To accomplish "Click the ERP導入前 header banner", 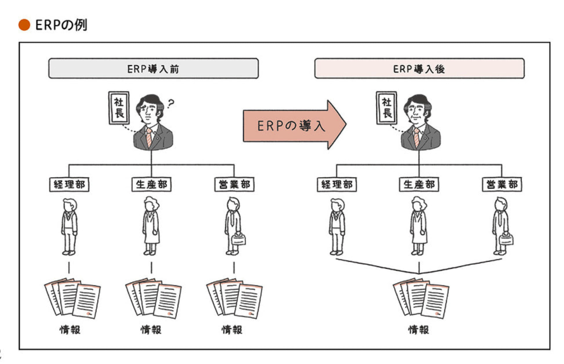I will point(153,69).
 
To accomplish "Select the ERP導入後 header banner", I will point(419,69).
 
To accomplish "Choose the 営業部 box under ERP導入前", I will point(233,185).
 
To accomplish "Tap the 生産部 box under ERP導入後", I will point(418,185).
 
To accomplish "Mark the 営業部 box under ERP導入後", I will point(501,185).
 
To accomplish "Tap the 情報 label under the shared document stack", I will point(418,330).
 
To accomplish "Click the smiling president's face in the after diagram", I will point(418,112).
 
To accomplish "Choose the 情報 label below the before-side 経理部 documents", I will point(70,330).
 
